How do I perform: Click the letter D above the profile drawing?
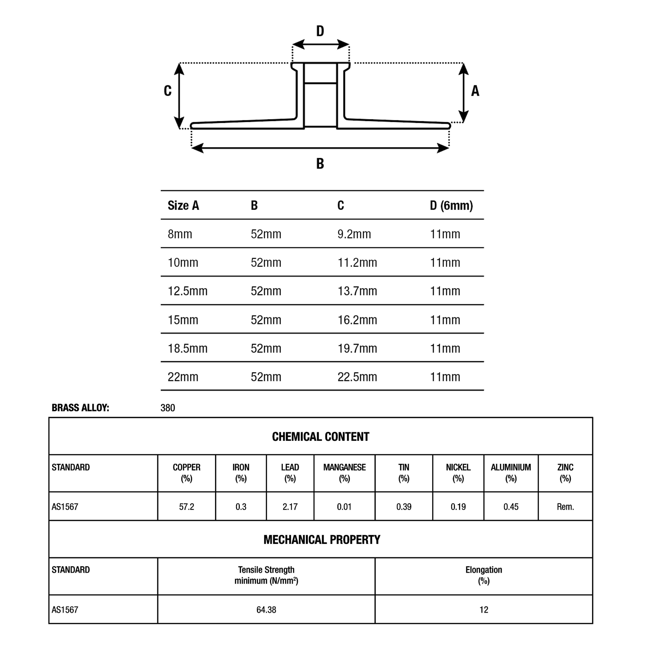(x=320, y=31)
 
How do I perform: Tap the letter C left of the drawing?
(x=168, y=91)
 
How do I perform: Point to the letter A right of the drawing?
(x=475, y=91)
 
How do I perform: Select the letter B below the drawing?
(x=320, y=164)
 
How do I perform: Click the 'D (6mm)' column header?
(x=451, y=205)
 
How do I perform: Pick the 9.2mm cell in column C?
(x=354, y=234)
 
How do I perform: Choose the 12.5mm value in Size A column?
(x=187, y=291)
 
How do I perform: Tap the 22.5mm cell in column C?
(x=357, y=377)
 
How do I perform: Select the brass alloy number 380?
(x=168, y=408)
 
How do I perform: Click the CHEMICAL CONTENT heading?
(x=321, y=437)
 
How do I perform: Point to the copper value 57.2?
(x=186, y=507)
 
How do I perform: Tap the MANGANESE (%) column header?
(x=344, y=473)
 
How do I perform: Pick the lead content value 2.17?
(x=290, y=507)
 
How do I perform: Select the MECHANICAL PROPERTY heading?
(x=322, y=540)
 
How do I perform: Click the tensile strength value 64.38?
(x=266, y=610)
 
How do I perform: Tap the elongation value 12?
(x=484, y=610)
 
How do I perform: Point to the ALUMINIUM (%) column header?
(x=511, y=473)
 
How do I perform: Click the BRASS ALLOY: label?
(x=80, y=408)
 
